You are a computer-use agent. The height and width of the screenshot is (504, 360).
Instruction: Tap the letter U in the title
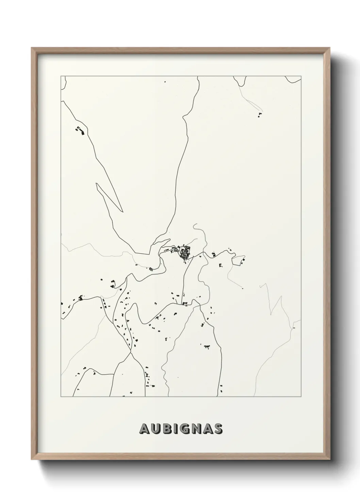[x=155, y=429]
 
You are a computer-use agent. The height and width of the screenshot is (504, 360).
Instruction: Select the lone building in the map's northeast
[x=260, y=115]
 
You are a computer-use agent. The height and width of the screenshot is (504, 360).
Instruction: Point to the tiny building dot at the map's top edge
[x=165, y=82]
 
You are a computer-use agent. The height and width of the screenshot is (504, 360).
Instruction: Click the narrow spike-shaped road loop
[x=109, y=198]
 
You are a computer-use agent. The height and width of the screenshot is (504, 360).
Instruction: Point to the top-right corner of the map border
[x=301, y=76]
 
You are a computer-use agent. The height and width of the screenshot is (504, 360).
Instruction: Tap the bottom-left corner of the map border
[x=61, y=397]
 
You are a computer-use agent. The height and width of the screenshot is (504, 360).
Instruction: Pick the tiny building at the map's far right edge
[x=293, y=328]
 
